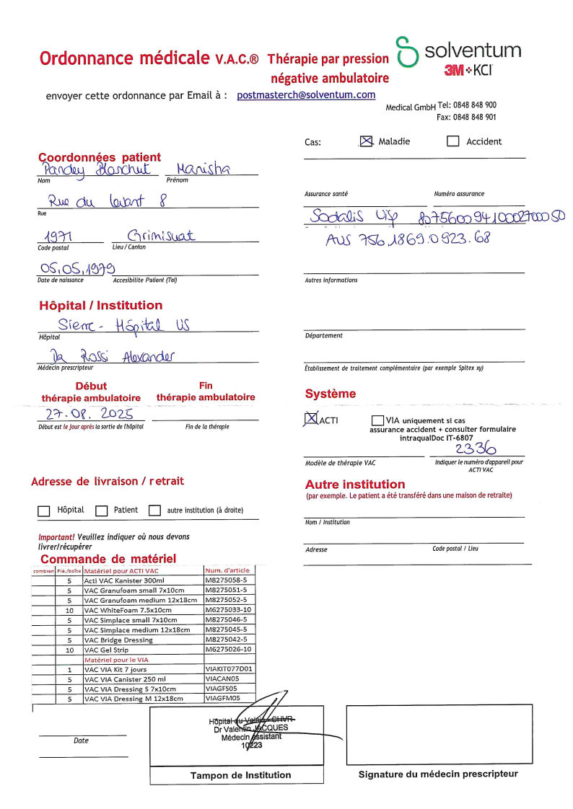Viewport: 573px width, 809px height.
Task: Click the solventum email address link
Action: point(306,95)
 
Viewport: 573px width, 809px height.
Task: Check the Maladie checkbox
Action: point(367,141)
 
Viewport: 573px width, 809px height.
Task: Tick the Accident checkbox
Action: point(452,141)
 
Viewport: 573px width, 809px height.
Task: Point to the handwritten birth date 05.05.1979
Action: point(78,270)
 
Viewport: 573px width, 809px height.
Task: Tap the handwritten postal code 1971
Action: point(62,235)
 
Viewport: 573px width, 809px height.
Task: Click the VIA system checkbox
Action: point(377,420)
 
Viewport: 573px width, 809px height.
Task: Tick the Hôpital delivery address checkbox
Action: point(43,510)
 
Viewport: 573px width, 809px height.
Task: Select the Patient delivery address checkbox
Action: point(101,510)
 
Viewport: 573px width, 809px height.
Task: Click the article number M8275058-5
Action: point(226,580)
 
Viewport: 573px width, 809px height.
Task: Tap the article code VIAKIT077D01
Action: point(229,669)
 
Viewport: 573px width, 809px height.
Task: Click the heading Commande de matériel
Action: point(108,559)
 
